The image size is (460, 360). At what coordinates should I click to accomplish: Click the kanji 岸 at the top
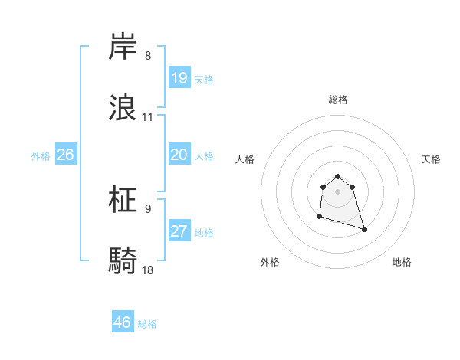point(124,48)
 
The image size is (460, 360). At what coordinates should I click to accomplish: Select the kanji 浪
point(124,108)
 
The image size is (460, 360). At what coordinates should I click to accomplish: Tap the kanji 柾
point(124,201)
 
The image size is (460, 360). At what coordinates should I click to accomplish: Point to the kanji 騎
point(124,261)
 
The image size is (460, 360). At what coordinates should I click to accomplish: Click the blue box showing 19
point(179,78)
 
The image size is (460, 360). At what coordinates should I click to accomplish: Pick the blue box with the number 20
point(179,155)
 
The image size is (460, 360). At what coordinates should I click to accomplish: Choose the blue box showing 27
point(179,231)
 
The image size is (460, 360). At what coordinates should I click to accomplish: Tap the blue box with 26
point(65,155)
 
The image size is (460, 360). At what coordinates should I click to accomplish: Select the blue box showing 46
point(123,322)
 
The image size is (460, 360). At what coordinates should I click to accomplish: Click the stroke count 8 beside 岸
point(148,56)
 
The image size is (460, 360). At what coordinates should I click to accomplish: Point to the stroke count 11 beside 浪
point(148,117)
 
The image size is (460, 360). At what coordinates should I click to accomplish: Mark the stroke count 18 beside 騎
point(148,270)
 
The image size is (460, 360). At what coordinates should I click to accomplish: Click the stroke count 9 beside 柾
point(148,209)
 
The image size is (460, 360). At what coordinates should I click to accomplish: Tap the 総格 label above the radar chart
point(338,100)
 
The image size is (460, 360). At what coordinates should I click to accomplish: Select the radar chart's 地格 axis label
point(402,263)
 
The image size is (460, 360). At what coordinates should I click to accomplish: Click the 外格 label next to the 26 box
point(41,155)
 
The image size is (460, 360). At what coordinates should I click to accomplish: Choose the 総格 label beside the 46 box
point(147,324)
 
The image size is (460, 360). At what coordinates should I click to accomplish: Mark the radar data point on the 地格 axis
point(364,229)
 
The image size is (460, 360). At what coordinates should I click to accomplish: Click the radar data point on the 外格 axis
point(319,218)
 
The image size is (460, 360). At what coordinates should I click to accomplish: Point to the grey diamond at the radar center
point(337,191)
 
